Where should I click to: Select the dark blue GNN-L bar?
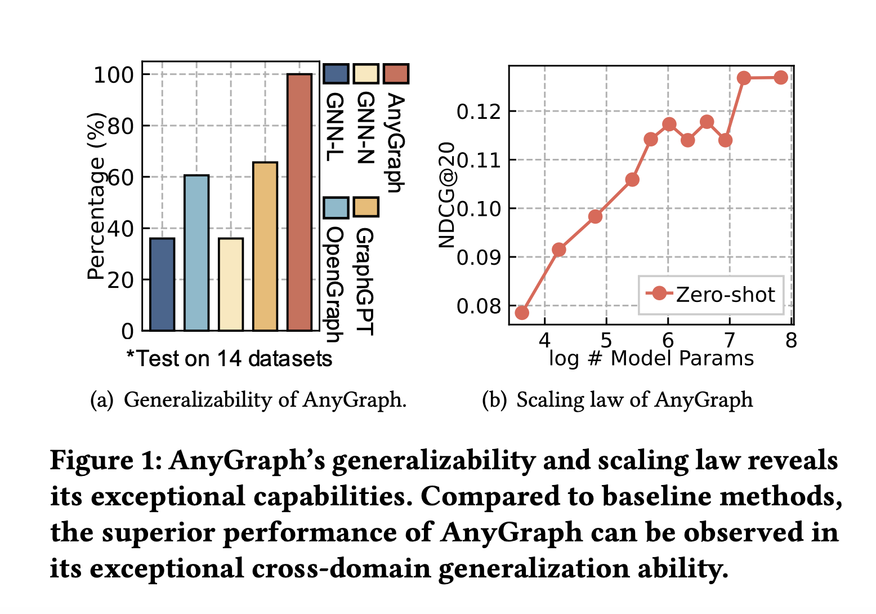point(162,284)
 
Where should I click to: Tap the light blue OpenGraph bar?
point(196,253)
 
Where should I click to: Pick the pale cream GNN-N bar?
point(231,284)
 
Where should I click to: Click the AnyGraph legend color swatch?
point(396,74)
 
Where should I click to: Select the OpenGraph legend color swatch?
point(336,207)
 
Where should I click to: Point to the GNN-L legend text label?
point(336,127)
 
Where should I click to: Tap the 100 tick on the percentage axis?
point(113,74)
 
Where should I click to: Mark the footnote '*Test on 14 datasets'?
point(229,358)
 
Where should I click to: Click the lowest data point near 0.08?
point(522,312)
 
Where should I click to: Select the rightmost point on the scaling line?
point(780,78)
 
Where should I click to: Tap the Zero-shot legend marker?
point(659,293)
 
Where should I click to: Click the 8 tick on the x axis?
point(791,341)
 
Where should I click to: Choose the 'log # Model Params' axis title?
point(651,358)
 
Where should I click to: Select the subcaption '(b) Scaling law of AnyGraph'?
point(618,399)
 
